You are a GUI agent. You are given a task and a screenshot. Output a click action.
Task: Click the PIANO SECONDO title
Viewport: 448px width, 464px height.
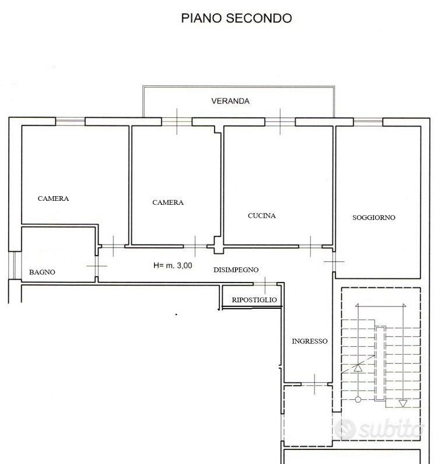point(236,18)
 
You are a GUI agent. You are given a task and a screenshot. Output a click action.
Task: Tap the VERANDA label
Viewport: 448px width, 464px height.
point(230,101)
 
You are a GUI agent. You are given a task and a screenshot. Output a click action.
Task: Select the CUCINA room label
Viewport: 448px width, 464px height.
point(262,216)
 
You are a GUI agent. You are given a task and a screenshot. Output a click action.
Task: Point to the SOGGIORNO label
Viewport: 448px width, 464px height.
point(374,218)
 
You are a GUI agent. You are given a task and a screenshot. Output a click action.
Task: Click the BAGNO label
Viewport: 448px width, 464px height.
point(42,272)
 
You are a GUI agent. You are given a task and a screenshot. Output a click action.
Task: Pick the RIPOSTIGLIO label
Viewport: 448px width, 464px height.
point(254,300)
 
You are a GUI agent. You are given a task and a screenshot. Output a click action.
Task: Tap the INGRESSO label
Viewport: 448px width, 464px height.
point(310,341)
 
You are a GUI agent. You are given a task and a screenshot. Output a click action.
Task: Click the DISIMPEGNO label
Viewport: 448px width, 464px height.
point(236,270)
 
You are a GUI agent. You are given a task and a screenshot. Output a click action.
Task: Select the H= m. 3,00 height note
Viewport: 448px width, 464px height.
point(173,266)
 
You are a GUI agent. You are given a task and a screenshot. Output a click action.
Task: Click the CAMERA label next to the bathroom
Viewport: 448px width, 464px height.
point(53,198)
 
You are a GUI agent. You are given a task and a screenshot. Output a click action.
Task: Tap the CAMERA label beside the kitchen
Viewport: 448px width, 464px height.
point(168,203)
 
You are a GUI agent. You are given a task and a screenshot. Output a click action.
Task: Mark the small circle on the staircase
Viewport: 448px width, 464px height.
point(358,400)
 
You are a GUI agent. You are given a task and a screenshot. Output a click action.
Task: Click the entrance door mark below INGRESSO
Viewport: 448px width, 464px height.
point(314,384)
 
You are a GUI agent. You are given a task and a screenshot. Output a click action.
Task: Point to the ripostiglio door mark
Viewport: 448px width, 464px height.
point(265,284)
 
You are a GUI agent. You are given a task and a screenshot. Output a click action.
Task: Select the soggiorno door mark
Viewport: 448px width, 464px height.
point(334,261)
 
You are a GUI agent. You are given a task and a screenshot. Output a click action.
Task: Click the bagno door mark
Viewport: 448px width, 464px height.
point(97,266)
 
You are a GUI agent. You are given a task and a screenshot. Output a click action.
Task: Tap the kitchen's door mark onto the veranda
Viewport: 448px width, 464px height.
point(280,121)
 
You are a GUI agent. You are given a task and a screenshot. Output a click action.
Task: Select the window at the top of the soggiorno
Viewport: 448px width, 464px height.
point(368,121)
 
